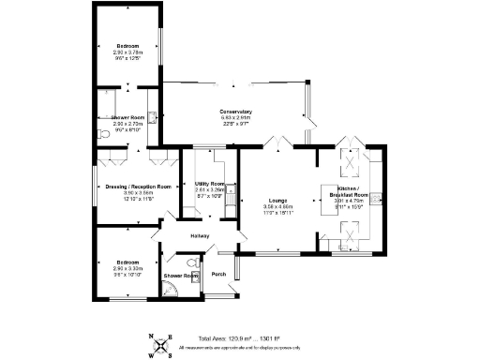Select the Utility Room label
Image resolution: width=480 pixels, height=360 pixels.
208,184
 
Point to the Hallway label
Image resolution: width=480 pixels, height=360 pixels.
200,235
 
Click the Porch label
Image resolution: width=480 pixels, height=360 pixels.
218,274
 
